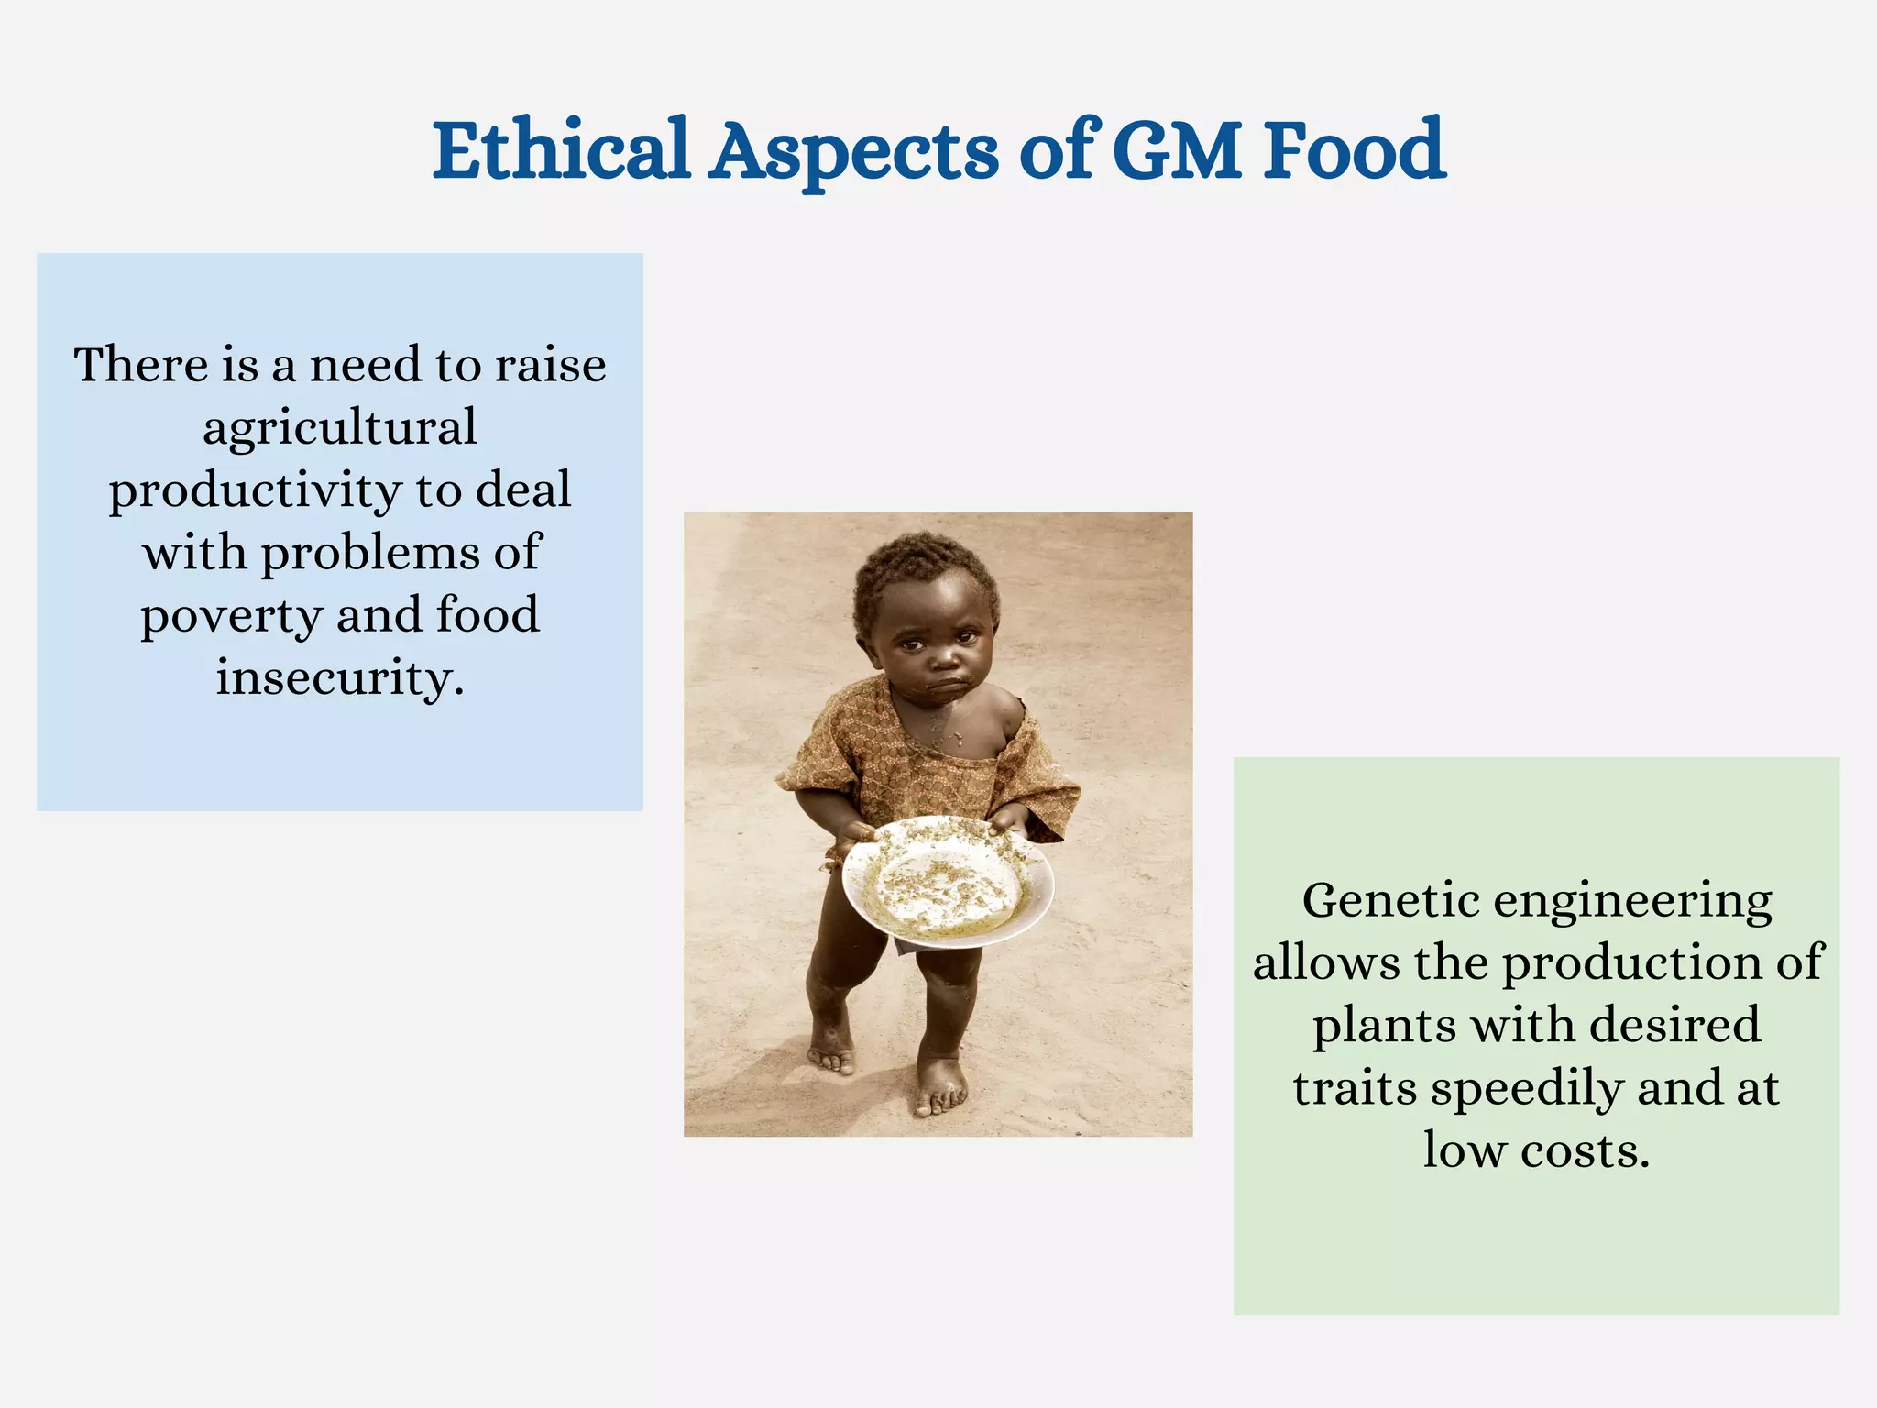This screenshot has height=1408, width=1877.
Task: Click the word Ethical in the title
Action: (560, 149)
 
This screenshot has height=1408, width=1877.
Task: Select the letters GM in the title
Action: (1178, 149)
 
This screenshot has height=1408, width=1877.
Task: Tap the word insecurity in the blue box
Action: (340, 678)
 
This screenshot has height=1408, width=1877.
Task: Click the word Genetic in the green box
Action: (1390, 902)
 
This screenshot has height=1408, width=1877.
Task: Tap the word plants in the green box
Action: (1384, 1026)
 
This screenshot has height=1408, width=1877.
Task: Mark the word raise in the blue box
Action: (550, 366)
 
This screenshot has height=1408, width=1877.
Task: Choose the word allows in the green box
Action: (1326, 963)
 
